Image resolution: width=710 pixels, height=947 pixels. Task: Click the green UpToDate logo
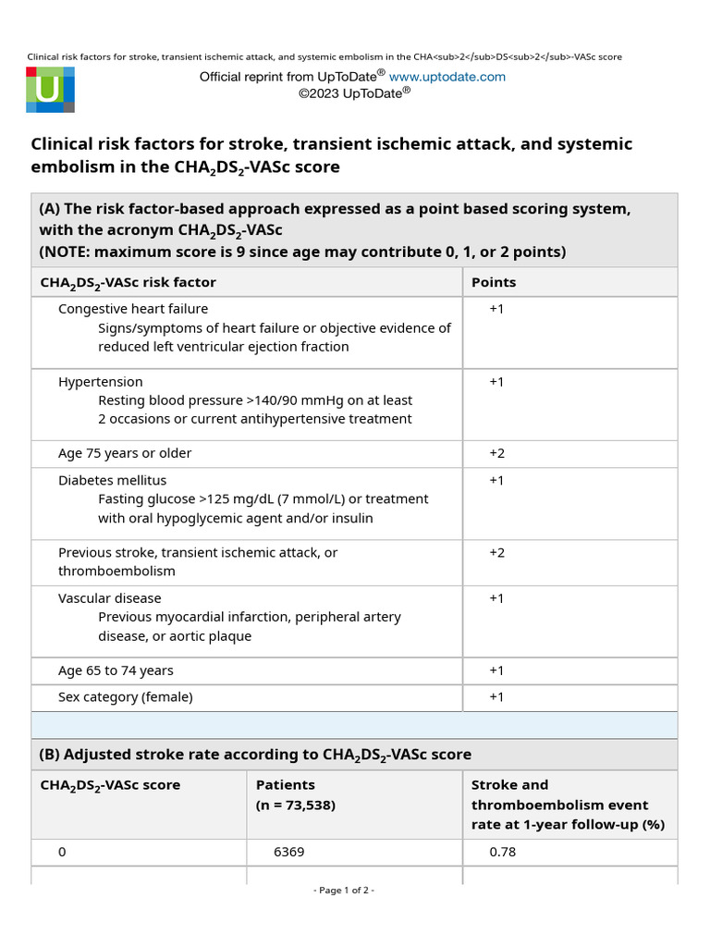pos(50,90)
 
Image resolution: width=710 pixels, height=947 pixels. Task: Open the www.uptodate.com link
pos(447,77)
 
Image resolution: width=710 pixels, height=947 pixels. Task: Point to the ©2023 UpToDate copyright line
pos(354,92)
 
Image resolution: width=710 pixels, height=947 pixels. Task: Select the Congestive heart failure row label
pos(133,309)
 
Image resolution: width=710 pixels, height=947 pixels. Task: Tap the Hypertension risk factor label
pos(101,382)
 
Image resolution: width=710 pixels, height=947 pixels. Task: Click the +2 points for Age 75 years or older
pos(496,453)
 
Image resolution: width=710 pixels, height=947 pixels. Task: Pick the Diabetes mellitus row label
pos(113,480)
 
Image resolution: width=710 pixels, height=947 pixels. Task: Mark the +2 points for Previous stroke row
pos(496,552)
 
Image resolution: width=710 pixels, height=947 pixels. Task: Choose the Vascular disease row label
pos(110,598)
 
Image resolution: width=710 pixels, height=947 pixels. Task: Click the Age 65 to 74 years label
pos(116,670)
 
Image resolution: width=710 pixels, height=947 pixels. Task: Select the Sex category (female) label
pos(126,697)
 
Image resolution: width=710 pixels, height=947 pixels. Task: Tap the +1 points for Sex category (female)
pos(496,697)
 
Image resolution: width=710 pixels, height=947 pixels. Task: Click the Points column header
pos(494,282)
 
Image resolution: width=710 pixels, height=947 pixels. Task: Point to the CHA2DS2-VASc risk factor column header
pos(128,283)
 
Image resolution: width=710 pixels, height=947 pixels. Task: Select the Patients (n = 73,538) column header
pos(296,794)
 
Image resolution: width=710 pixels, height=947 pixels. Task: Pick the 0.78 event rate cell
pos(502,852)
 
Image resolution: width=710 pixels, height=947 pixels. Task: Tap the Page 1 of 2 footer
pos(344,891)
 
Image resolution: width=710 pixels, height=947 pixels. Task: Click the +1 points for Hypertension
pos(496,382)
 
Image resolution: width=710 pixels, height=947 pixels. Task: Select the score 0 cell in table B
pos(62,852)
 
